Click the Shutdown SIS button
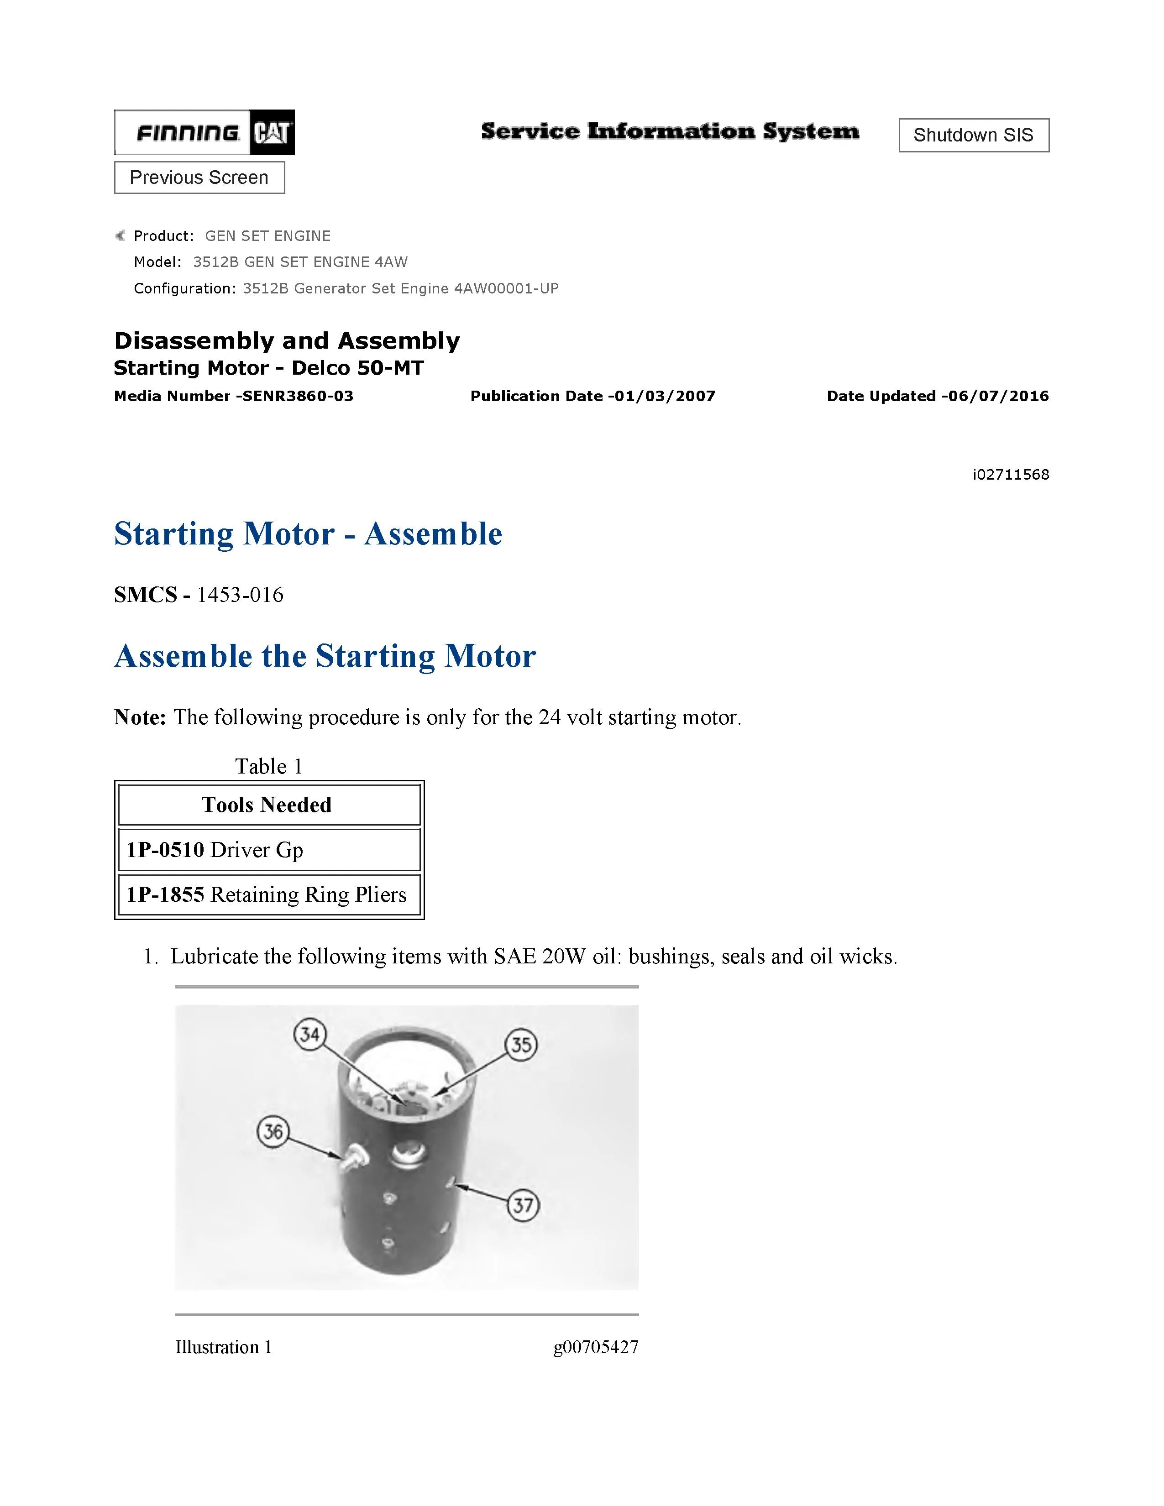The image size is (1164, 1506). (973, 135)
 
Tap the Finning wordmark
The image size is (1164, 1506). (188, 132)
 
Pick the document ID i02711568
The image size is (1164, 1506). (1010, 475)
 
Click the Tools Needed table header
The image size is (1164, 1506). (267, 805)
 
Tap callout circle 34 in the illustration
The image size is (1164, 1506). (309, 1034)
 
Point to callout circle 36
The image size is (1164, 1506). (273, 1132)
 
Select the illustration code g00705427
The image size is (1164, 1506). (596, 1347)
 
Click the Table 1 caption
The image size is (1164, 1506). (269, 766)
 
